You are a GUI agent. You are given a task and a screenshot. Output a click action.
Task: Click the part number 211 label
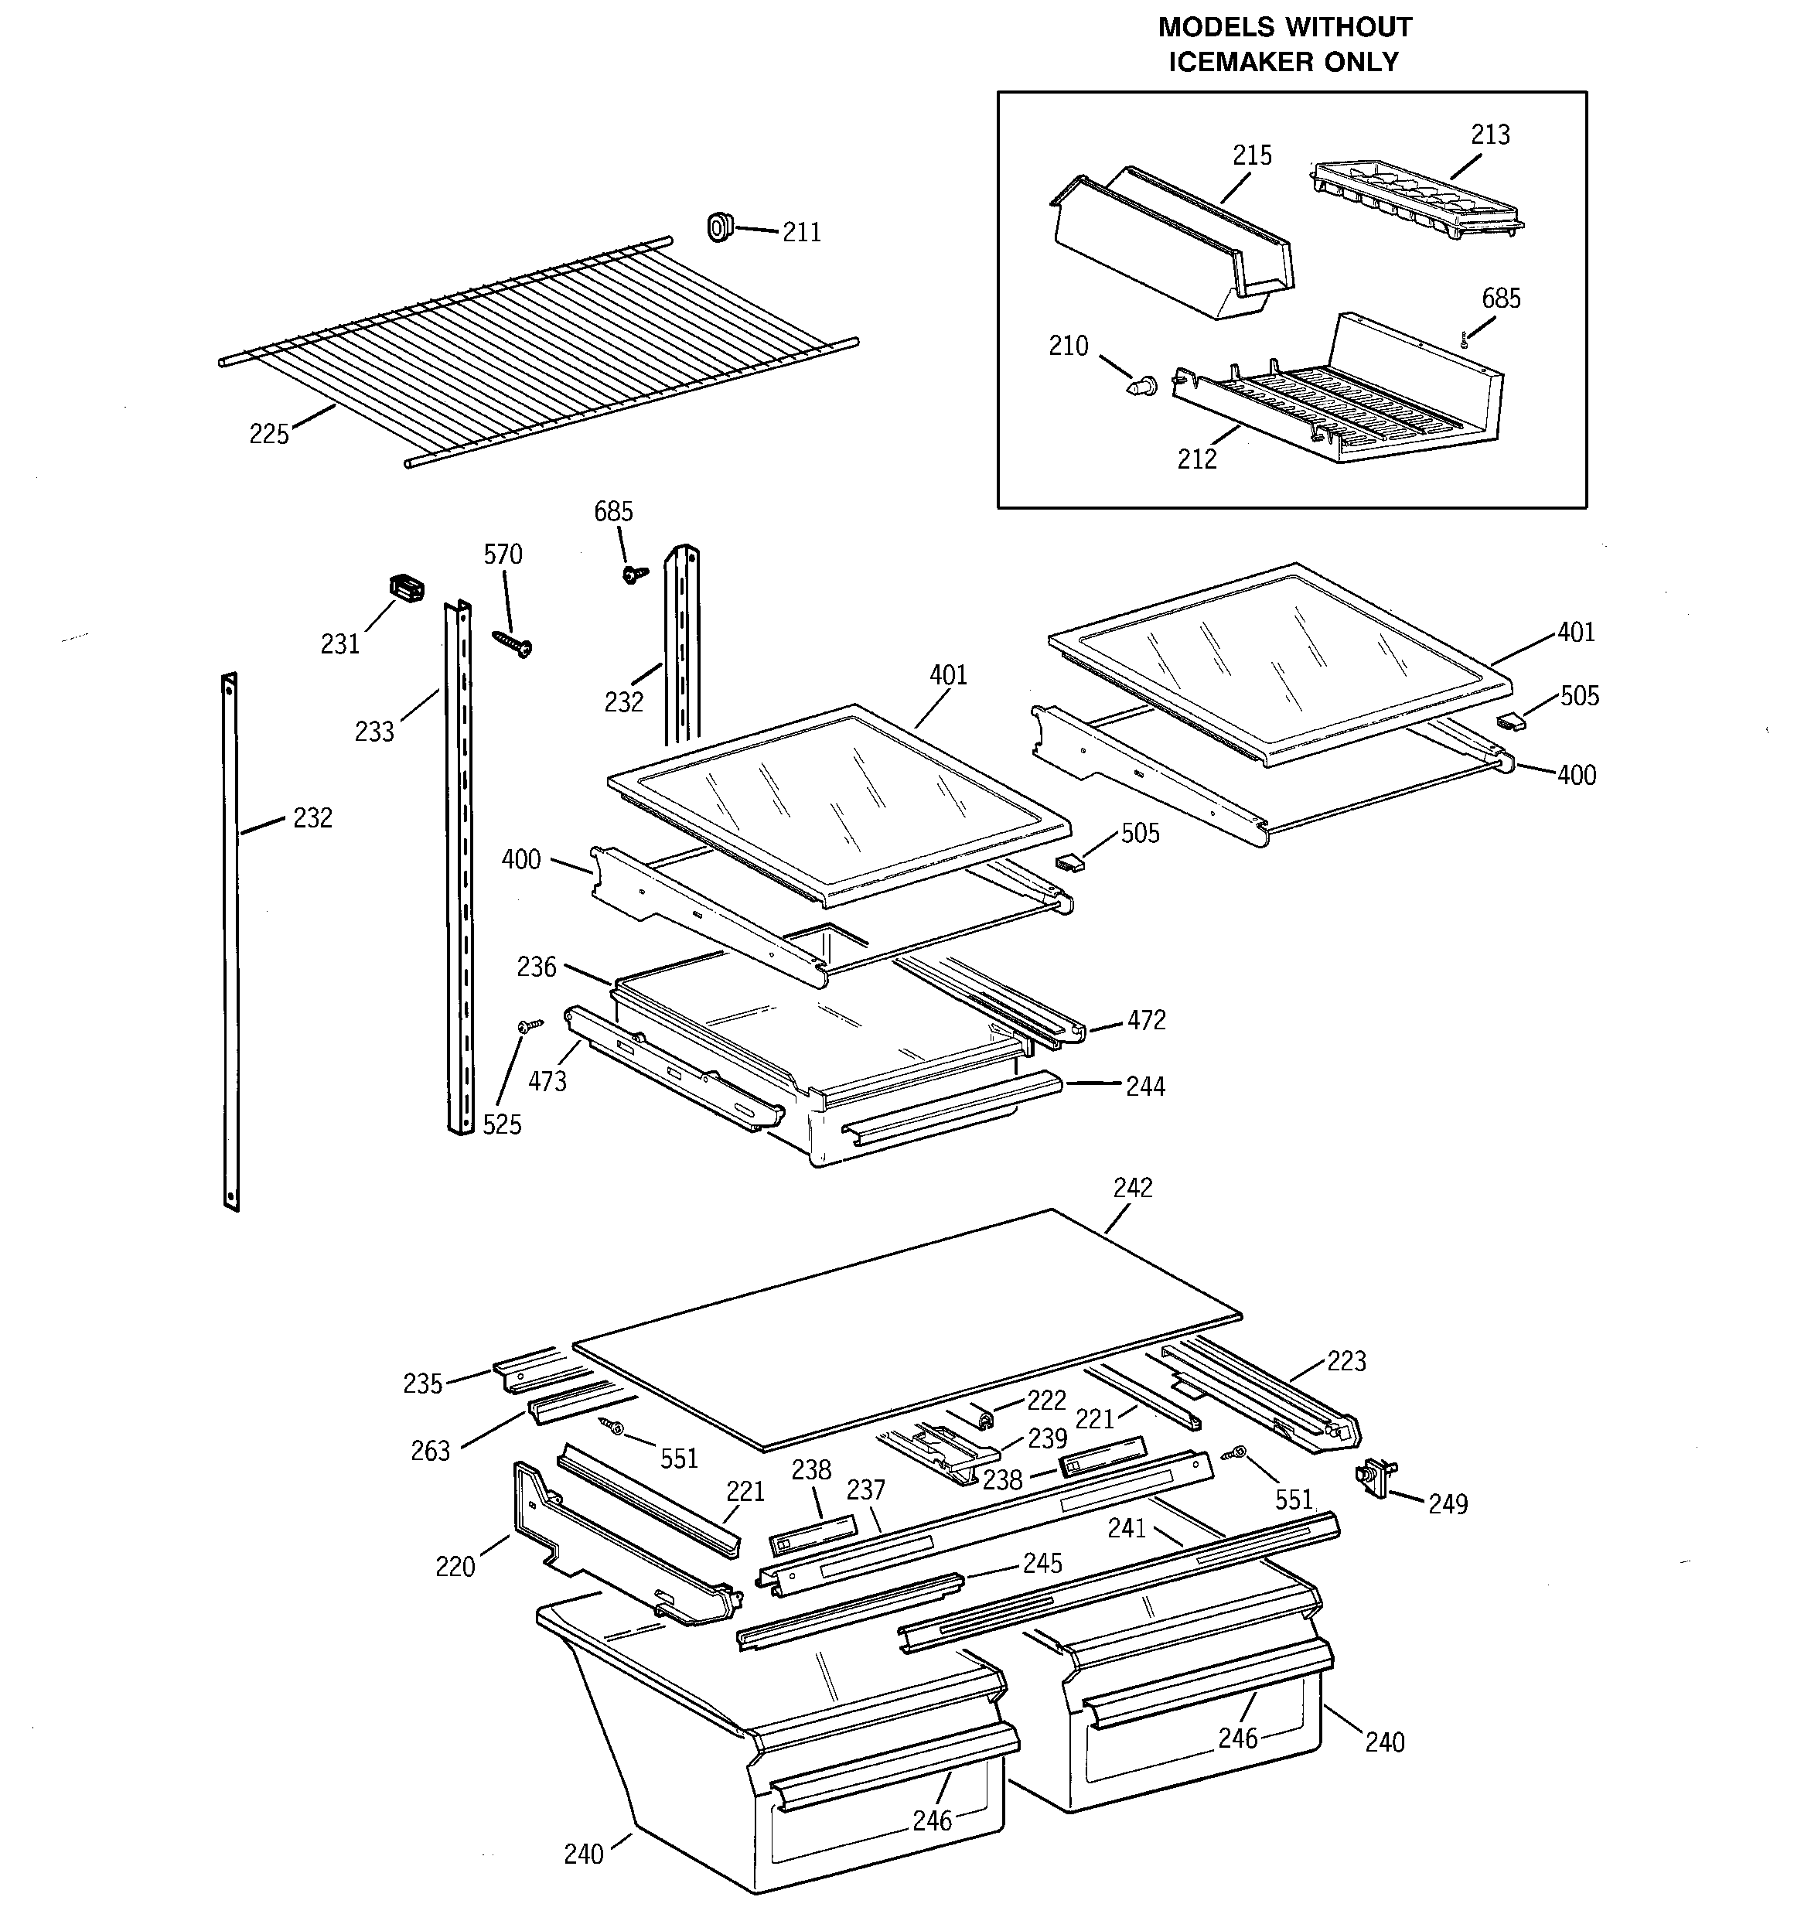(801, 233)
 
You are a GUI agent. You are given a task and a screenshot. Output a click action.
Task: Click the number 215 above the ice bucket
(1252, 156)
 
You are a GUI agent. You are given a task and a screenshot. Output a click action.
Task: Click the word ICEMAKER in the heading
(1241, 62)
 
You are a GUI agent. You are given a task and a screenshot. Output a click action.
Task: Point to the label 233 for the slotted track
(373, 732)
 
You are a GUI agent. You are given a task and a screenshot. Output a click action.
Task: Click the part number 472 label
(1146, 1021)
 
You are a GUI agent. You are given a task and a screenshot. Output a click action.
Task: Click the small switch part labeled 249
(1373, 1477)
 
